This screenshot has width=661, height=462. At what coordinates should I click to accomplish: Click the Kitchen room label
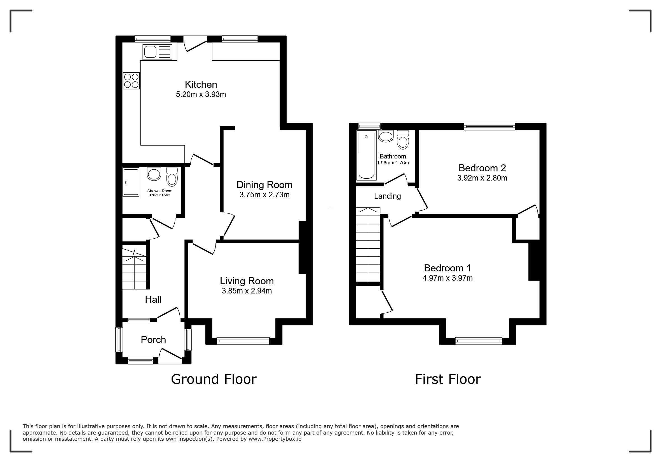pyautogui.click(x=201, y=84)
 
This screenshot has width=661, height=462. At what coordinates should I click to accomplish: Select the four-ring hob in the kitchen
pyautogui.click(x=131, y=80)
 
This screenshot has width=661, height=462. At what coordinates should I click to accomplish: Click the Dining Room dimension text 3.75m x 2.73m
pyautogui.click(x=264, y=195)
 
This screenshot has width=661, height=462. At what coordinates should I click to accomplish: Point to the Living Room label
pyautogui.click(x=247, y=281)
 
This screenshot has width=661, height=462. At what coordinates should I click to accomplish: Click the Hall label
pyautogui.click(x=153, y=300)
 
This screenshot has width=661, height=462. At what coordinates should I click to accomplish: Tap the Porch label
pyautogui.click(x=153, y=340)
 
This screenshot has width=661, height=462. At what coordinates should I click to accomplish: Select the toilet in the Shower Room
pyautogui.click(x=172, y=177)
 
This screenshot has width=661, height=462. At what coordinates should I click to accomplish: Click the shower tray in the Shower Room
pyautogui.click(x=131, y=182)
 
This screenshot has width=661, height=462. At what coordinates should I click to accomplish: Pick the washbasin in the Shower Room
pyautogui.click(x=154, y=174)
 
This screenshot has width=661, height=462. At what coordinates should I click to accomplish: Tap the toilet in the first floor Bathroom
pyautogui.click(x=403, y=140)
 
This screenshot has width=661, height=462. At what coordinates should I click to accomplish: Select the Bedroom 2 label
pyautogui.click(x=482, y=168)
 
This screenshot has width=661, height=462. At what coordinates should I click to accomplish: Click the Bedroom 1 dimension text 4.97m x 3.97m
pyautogui.click(x=447, y=278)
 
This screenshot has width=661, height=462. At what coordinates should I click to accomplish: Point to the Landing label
pyautogui.click(x=387, y=196)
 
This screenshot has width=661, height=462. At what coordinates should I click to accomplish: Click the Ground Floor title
pyautogui.click(x=214, y=379)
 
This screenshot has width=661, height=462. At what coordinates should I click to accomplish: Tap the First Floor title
pyautogui.click(x=448, y=379)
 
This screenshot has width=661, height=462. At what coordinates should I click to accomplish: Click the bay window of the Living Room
pyautogui.click(x=243, y=341)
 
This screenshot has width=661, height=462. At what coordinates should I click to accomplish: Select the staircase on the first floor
pyautogui.click(x=368, y=245)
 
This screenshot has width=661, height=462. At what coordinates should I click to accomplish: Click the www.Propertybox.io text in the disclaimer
pyautogui.click(x=275, y=439)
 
